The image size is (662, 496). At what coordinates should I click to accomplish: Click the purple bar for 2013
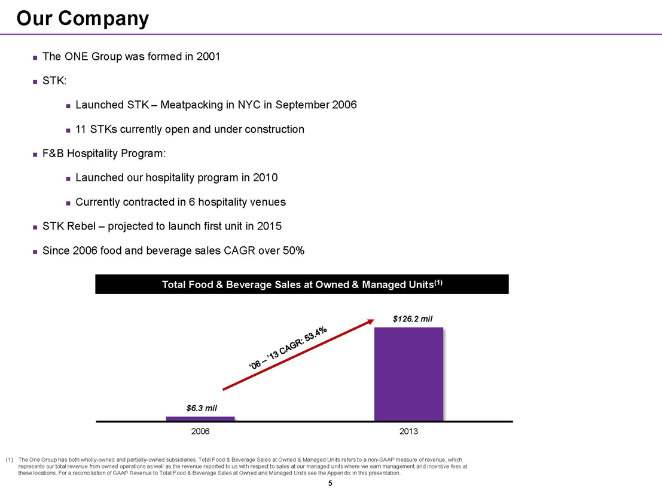(408, 373)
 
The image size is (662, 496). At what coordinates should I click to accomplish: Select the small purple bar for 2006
(200, 418)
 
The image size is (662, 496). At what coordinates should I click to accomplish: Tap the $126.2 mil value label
(413, 319)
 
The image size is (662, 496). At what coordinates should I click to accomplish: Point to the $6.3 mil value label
(202, 408)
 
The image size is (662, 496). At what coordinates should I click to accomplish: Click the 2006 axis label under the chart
(200, 431)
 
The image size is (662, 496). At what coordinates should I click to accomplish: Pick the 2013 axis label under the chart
(408, 431)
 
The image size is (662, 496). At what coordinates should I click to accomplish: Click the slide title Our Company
(83, 19)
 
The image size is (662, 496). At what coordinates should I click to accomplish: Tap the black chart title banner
(301, 284)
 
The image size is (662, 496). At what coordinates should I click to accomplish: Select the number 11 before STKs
(81, 129)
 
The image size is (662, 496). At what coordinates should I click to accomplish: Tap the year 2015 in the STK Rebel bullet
(269, 226)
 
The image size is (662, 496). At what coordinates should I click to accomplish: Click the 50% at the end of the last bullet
(292, 251)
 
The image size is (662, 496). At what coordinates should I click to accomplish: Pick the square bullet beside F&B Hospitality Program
(35, 154)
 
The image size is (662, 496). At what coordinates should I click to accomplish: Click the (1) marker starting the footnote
(9, 460)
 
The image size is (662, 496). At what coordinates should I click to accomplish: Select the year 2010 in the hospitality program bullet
(265, 178)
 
